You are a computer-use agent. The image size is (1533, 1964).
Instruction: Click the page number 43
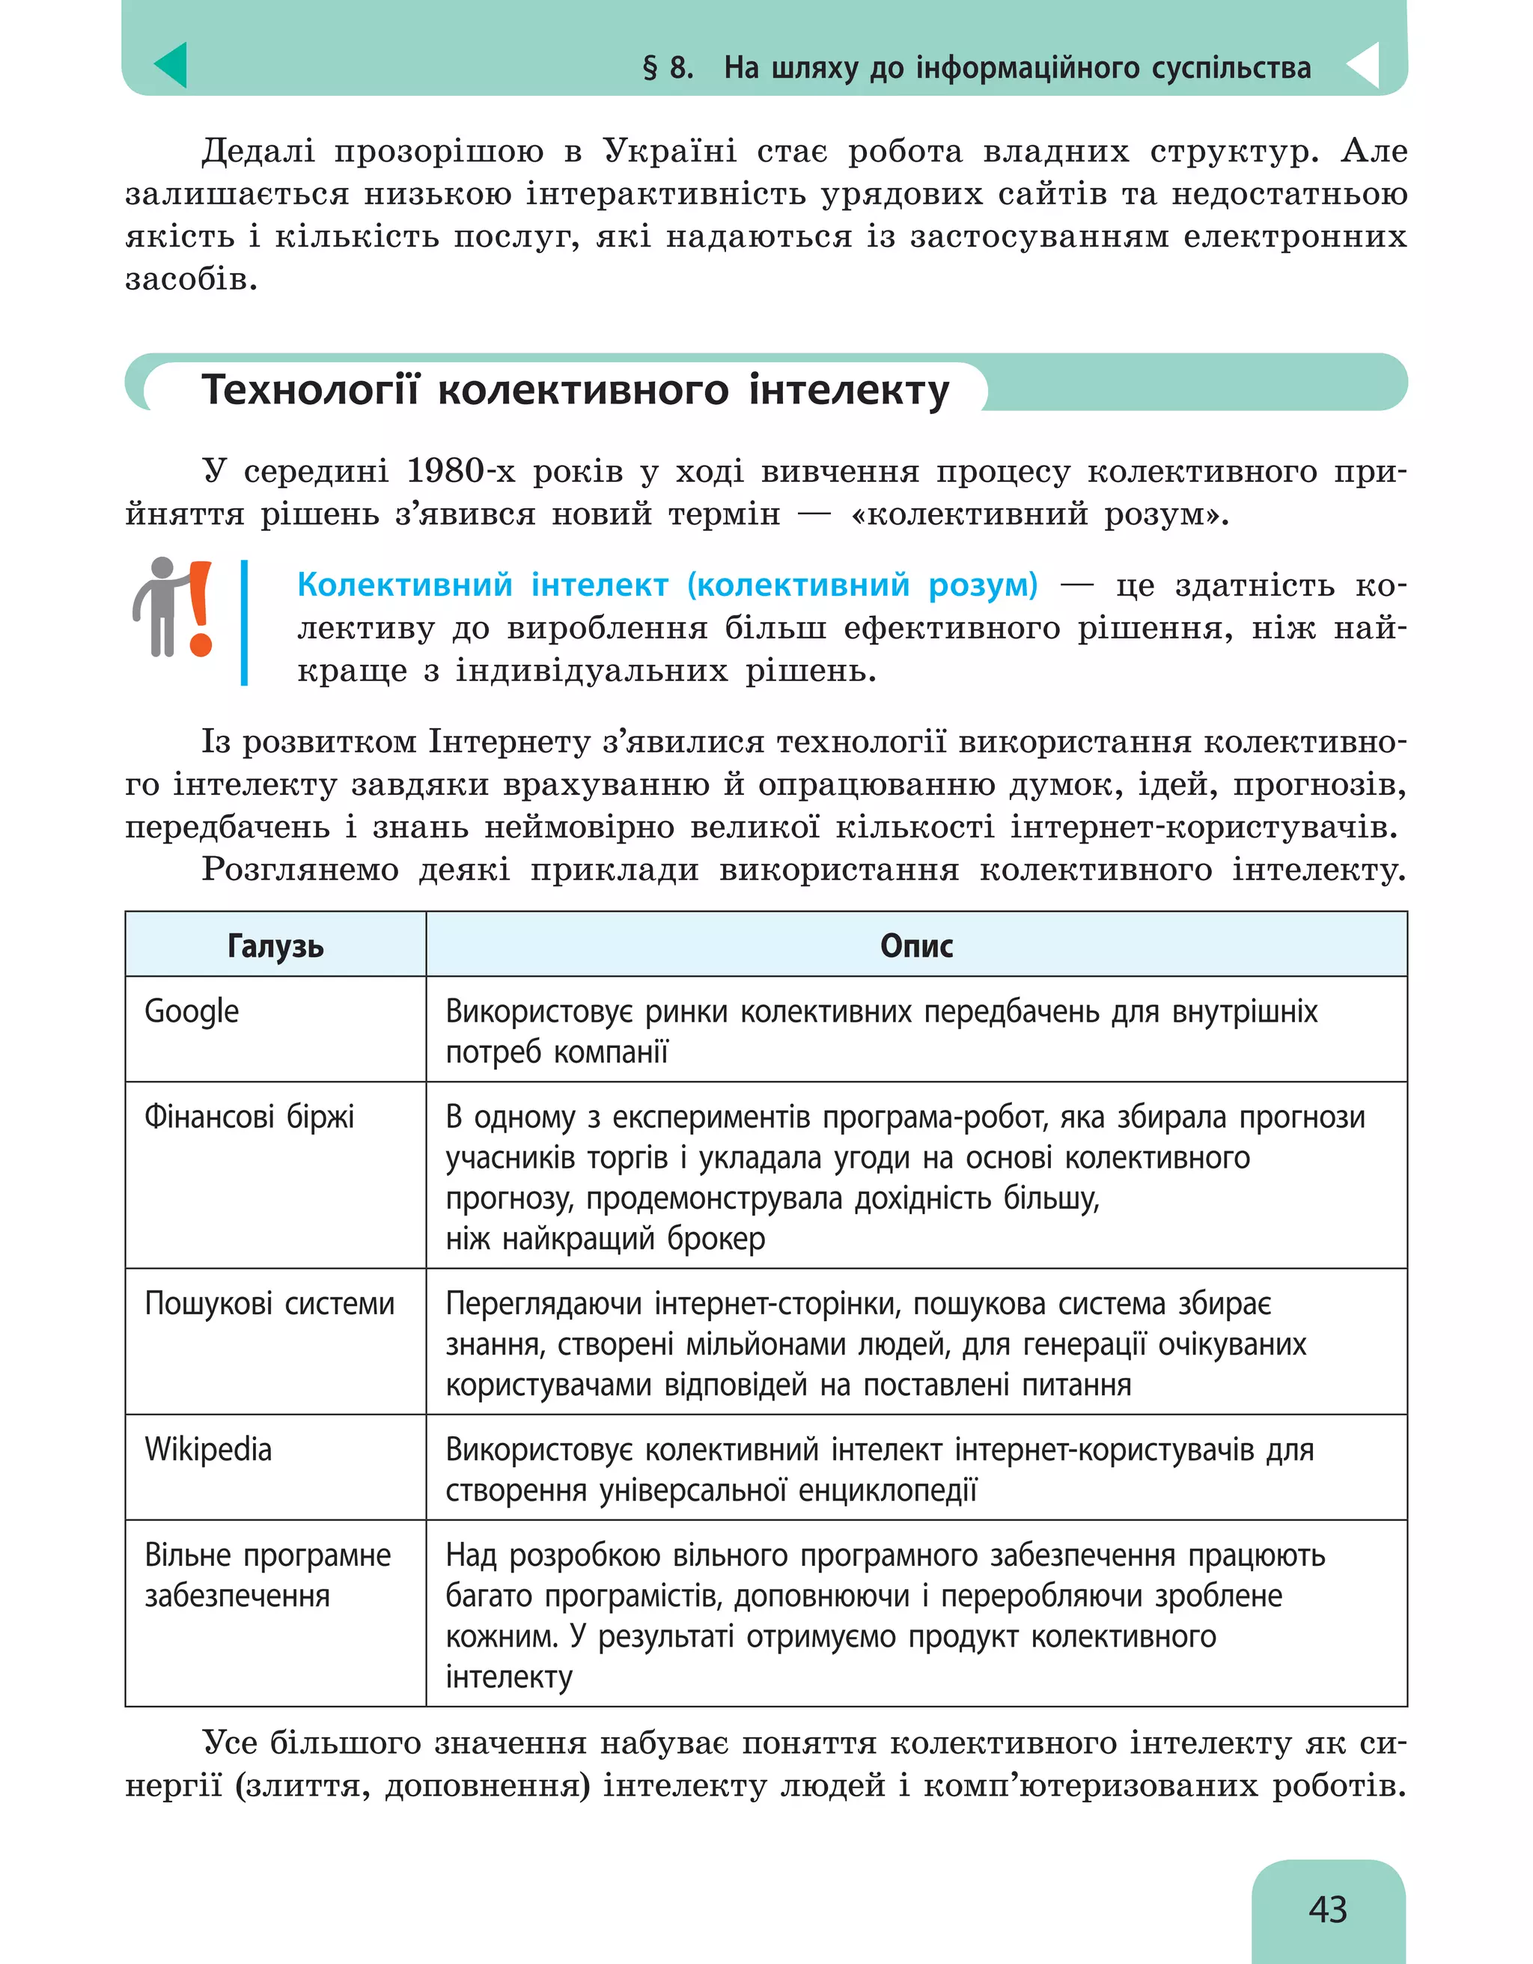1327,1909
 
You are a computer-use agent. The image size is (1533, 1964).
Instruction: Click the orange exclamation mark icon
201,608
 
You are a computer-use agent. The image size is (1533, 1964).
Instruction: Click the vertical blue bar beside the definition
244,622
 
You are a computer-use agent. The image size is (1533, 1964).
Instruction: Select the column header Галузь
275,945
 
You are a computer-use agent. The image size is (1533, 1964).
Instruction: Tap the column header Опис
915,945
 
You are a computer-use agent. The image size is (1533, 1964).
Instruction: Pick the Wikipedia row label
207,1449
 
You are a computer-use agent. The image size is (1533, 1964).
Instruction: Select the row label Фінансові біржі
249,1116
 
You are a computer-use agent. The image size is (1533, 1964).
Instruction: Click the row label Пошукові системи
269,1303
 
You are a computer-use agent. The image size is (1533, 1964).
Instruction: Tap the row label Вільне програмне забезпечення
267,1575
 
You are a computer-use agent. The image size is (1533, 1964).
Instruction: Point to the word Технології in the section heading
310,390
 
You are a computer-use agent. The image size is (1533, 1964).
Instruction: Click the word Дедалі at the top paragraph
258,151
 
